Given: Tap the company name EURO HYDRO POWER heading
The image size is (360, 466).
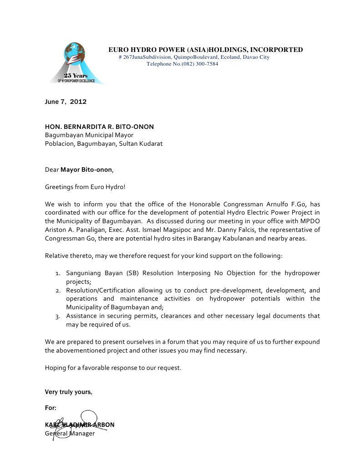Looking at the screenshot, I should click(205, 50).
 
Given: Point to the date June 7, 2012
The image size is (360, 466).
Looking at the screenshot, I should click(66, 102).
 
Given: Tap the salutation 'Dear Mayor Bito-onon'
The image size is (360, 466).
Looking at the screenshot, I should click(79, 170).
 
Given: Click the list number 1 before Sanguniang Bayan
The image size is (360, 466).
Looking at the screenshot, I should click(57, 273).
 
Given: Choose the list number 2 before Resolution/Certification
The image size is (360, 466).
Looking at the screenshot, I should click(57, 290).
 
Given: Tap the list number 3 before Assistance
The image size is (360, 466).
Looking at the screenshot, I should click(57, 316).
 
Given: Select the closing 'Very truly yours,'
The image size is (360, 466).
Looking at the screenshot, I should click(68, 392).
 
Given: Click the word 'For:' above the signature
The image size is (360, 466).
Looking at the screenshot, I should click(51, 408).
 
